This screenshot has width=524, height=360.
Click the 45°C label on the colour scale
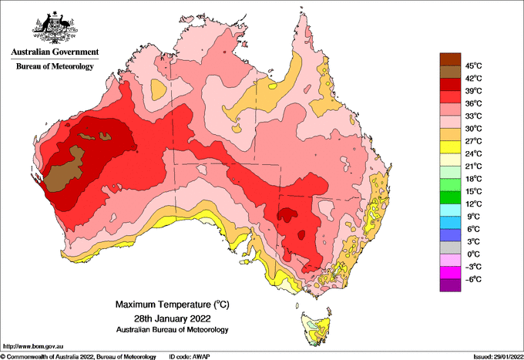coord(474,66)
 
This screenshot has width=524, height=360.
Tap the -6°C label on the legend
coord(473,279)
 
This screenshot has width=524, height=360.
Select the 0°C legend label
coord(474,254)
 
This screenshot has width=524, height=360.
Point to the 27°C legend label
coord(474,141)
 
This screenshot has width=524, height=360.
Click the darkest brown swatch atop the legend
coord(450,59)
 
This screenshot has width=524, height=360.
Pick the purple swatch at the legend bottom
coord(450,285)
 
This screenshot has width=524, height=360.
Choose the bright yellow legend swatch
coord(450,147)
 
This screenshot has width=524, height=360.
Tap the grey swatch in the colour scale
coord(450,247)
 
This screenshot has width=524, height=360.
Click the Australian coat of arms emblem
coord(55,28)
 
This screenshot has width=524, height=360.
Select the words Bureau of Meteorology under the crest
coord(55,66)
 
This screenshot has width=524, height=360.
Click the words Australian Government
coord(55,52)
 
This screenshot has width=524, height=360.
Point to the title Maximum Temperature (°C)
coord(173,304)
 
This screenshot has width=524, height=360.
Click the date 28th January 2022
coord(173,318)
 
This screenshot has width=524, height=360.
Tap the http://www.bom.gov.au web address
coord(32,347)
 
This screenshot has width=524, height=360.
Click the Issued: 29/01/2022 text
coord(499,357)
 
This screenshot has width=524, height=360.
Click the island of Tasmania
coord(316,328)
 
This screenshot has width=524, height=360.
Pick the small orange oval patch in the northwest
coord(159,89)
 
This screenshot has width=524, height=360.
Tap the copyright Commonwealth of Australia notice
coord(79,357)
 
